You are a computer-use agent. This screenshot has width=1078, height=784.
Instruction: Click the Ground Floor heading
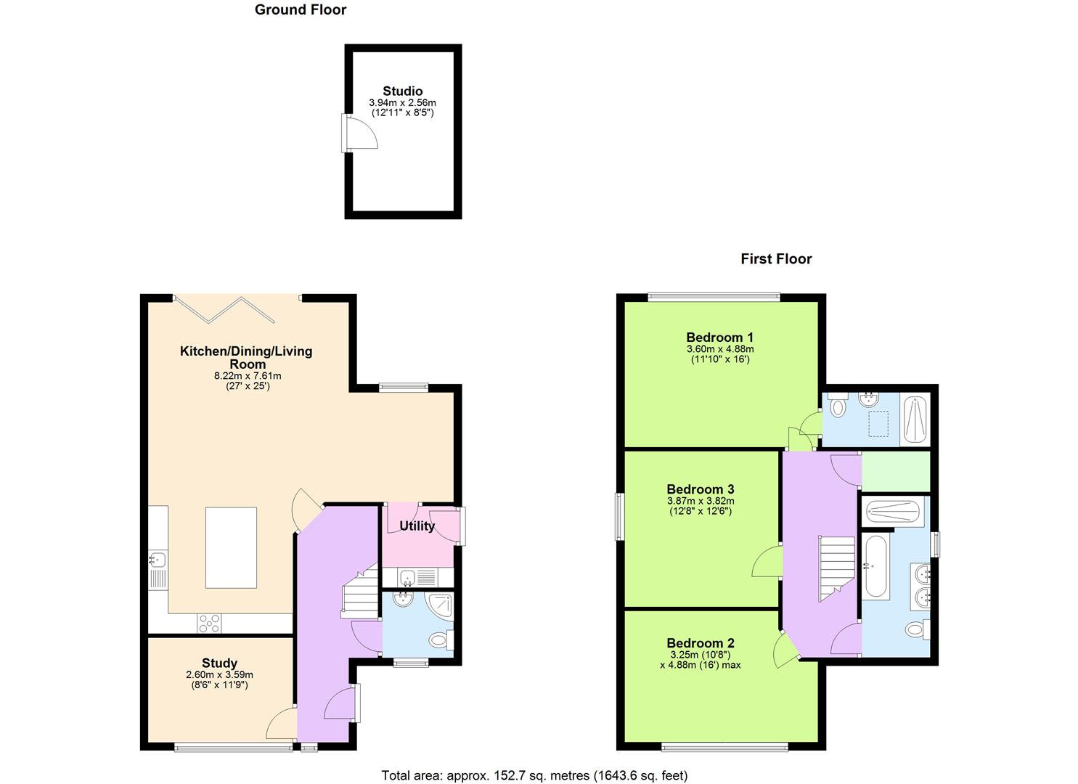click(300, 10)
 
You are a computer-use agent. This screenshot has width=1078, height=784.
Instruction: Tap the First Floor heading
click(775, 259)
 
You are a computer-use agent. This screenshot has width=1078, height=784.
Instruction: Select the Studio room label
click(402, 91)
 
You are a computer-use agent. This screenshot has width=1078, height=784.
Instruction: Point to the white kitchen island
click(231, 547)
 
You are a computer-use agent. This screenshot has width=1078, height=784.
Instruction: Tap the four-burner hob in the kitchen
click(210, 623)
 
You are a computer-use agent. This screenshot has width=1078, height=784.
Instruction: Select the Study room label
click(219, 663)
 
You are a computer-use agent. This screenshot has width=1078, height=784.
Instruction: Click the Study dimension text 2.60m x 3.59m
click(219, 675)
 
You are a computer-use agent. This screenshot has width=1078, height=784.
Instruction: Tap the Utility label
click(417, 526)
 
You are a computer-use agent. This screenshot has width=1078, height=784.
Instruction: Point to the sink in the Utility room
click(407, 578)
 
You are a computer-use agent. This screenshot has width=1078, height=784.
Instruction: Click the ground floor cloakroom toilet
click(438, 640)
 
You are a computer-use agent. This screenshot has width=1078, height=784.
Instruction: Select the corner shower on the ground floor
click(438, 607)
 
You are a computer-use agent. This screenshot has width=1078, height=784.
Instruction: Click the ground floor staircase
click(360, 592)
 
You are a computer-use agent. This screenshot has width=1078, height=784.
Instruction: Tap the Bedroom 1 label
click(719, 337)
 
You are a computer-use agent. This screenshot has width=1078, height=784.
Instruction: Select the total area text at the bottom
click(534, 775)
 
